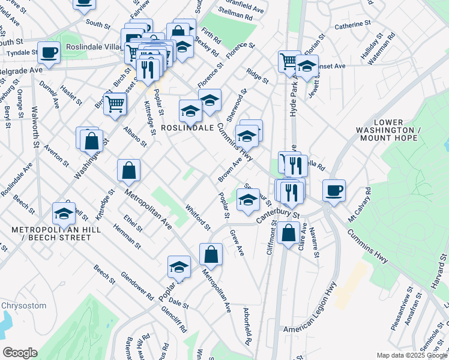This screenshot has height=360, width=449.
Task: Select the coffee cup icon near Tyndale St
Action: [x=49, y=52]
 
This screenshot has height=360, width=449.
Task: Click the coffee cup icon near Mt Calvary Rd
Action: [x=334, y=190]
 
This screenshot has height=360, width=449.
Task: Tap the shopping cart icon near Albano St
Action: [x=115, y=103]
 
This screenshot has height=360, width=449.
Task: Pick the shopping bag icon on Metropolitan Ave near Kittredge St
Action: [x=129, y=170]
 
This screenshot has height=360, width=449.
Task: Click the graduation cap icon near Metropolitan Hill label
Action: [x=64, y=213]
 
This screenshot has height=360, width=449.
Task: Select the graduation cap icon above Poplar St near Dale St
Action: [x=179, y=267]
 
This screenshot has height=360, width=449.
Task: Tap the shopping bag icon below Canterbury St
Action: [x=289, y=233]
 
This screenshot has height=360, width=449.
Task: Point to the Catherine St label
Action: [x=351, y=25]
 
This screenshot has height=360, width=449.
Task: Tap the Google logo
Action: [x=20, y=353]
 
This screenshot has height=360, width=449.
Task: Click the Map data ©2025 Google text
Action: [x=411, y=355]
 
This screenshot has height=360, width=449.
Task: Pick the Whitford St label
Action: [x=198, y=218]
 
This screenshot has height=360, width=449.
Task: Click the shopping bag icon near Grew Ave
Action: [x=211, y=254]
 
